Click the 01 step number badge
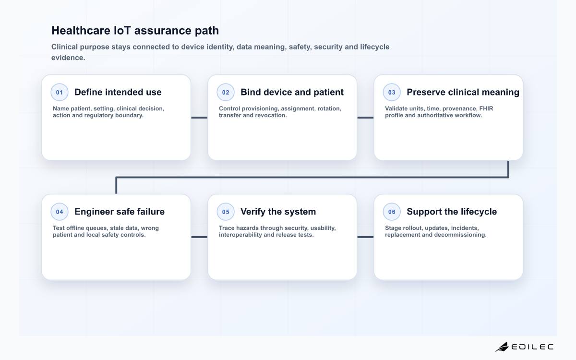pos(60,92)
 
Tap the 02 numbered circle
pos(226,92)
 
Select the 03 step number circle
pos(392,92)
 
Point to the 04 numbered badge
pos(60,212)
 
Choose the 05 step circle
pos(226,212)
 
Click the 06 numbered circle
pos(392,212)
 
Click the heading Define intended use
pos(118,92)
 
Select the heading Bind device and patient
pos(292,92)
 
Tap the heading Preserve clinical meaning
pos(463,92)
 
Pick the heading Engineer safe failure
pos(120,212)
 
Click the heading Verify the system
pos(278,212)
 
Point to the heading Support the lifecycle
pos(452,212)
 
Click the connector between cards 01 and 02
pos(199,118)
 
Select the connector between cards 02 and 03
pos(365,118)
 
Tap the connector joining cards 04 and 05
pos(199,237)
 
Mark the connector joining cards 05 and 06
pos(365,237)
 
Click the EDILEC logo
pos(525,347)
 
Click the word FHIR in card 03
pos(486,108)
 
